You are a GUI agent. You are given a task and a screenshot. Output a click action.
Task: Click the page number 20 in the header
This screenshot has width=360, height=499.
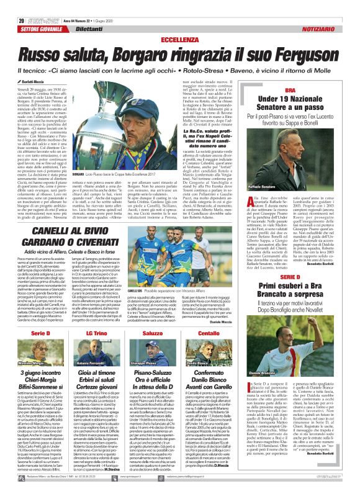[13, 5]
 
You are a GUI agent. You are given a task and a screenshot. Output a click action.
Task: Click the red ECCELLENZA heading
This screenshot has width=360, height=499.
[180, 22]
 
